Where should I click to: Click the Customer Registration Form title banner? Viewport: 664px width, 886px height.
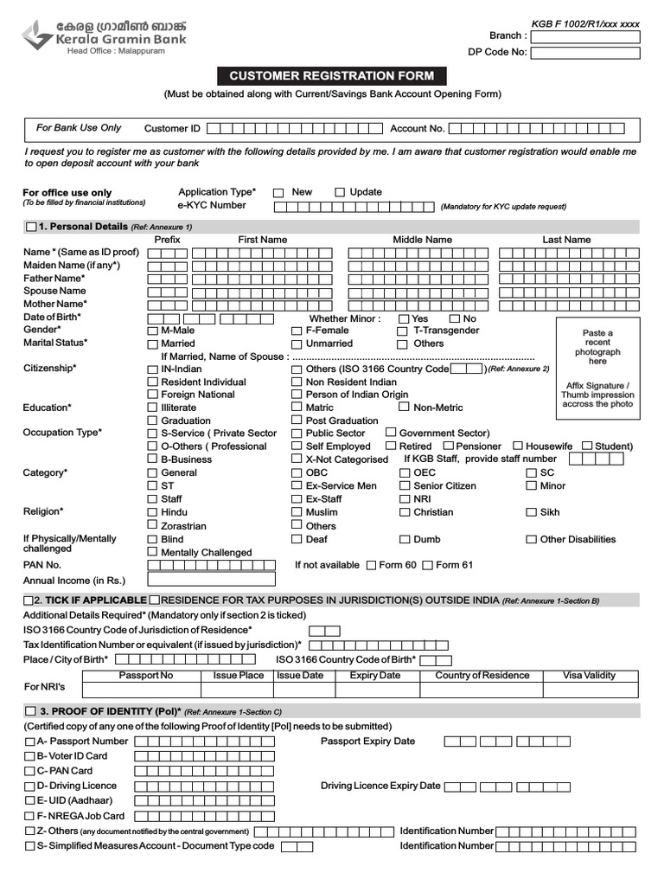[331, 76]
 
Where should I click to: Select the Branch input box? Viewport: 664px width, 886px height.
[584, 36]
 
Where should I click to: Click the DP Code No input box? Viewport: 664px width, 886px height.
[584, 53]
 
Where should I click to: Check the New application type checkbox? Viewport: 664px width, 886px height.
[278, 193]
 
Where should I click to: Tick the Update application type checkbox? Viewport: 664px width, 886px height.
[340, 193]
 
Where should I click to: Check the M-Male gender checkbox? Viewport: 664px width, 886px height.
[152, 331]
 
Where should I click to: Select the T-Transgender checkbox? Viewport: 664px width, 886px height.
[403, 331]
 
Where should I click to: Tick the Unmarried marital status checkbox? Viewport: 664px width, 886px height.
[297, 344]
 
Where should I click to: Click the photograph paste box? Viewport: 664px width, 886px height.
[597, 369]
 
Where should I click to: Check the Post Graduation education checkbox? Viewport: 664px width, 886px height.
[297, 421]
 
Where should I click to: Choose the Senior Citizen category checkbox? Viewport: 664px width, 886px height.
[404, 486]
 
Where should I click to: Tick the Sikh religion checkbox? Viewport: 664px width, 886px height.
[531, 513]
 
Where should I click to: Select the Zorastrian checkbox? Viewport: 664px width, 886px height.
[152, 526]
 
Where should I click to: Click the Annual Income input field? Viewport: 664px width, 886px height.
[211, 580]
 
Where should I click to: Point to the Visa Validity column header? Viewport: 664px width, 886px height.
[589, 676]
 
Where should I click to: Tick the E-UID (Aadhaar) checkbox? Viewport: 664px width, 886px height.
[30, 801]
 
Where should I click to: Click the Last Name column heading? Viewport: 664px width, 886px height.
[566, 240]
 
